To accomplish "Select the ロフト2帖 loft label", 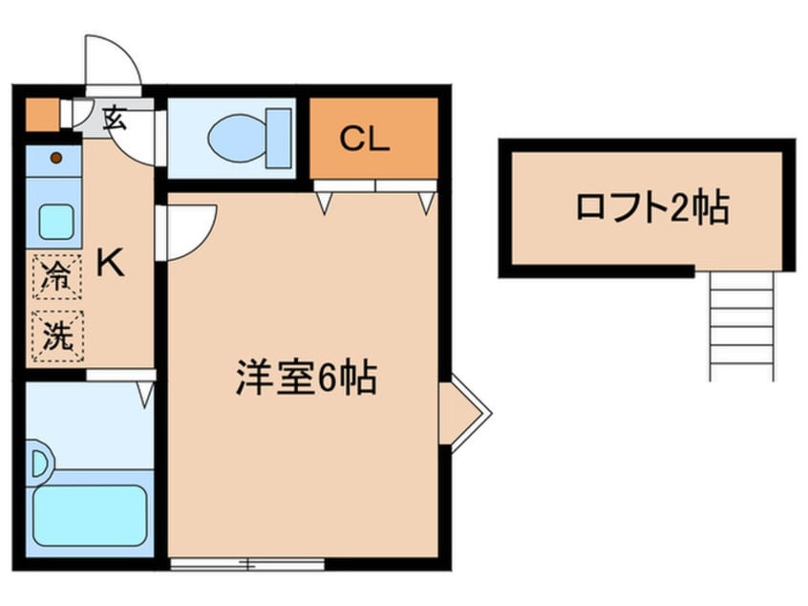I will tap(652, 207).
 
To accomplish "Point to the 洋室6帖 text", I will tap(306, 379).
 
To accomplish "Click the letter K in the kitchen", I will tap(112, 262).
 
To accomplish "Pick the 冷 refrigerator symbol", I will tap(57, 279).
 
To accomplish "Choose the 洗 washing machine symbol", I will tap(57, 336).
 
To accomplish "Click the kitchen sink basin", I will tap(60, 221).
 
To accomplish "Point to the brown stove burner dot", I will tap(55, 158).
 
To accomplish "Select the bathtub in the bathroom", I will tap(90, 514).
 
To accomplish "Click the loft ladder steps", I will tap(742, 325).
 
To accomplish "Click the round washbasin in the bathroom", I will tap(40, 465).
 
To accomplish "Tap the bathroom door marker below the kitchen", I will tap(145, 392).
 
